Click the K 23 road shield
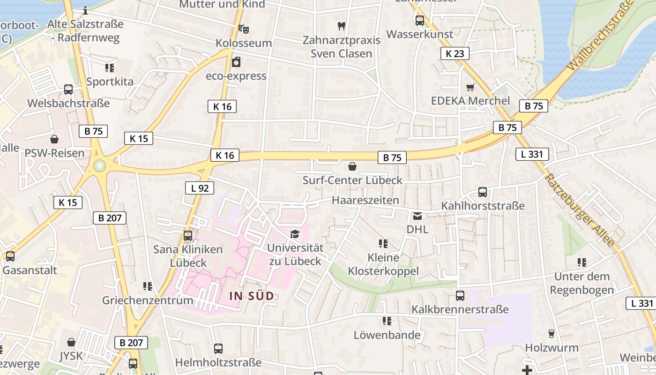coord(455,53)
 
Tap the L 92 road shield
coord(200,188)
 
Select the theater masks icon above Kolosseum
coord(243,29)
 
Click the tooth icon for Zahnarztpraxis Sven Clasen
coord(341,26)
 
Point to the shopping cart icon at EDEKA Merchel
coord(470,87)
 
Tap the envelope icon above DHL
coord(417,216)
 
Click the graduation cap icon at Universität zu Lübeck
coord(295,234)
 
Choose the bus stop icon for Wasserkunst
coord(419,21)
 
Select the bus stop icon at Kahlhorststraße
coord(483,192)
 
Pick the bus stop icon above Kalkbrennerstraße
coord(460,296)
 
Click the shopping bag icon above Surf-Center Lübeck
coord(352,166)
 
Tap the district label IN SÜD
coord(251,296)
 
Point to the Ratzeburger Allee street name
coord(579,210)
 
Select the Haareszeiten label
coord(365,200)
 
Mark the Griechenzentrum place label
coord(148,300)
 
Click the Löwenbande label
coord(387,335)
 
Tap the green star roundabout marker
coord(99,165)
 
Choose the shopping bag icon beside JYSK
coord(71,342)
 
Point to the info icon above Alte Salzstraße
coord(85,10)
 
